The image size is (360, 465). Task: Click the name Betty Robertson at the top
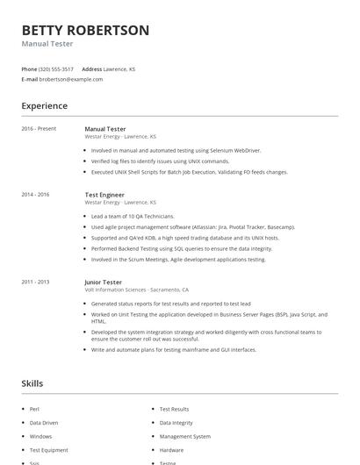tap(85, 30)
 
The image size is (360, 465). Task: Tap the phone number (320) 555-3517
tap(57, 68)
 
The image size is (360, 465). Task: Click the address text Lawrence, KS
tap(119, 68)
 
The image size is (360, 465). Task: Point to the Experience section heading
tap(44, 106)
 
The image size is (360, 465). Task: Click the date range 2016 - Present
tap(39, 129)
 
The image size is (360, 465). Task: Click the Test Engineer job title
tap(104, 194)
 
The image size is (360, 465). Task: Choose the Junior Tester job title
tap(103, 282)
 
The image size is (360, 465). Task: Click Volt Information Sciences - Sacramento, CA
tap(136, 290)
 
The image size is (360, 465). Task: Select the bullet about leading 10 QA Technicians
tap(133, 216)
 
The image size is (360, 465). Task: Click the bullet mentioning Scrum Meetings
tap(177, 260)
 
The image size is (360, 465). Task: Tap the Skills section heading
tap(32, 383)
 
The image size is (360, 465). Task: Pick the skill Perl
tap(35, 409)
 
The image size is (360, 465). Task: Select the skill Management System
tap(184, 436)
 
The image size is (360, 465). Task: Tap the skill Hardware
tap(171, 450)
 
